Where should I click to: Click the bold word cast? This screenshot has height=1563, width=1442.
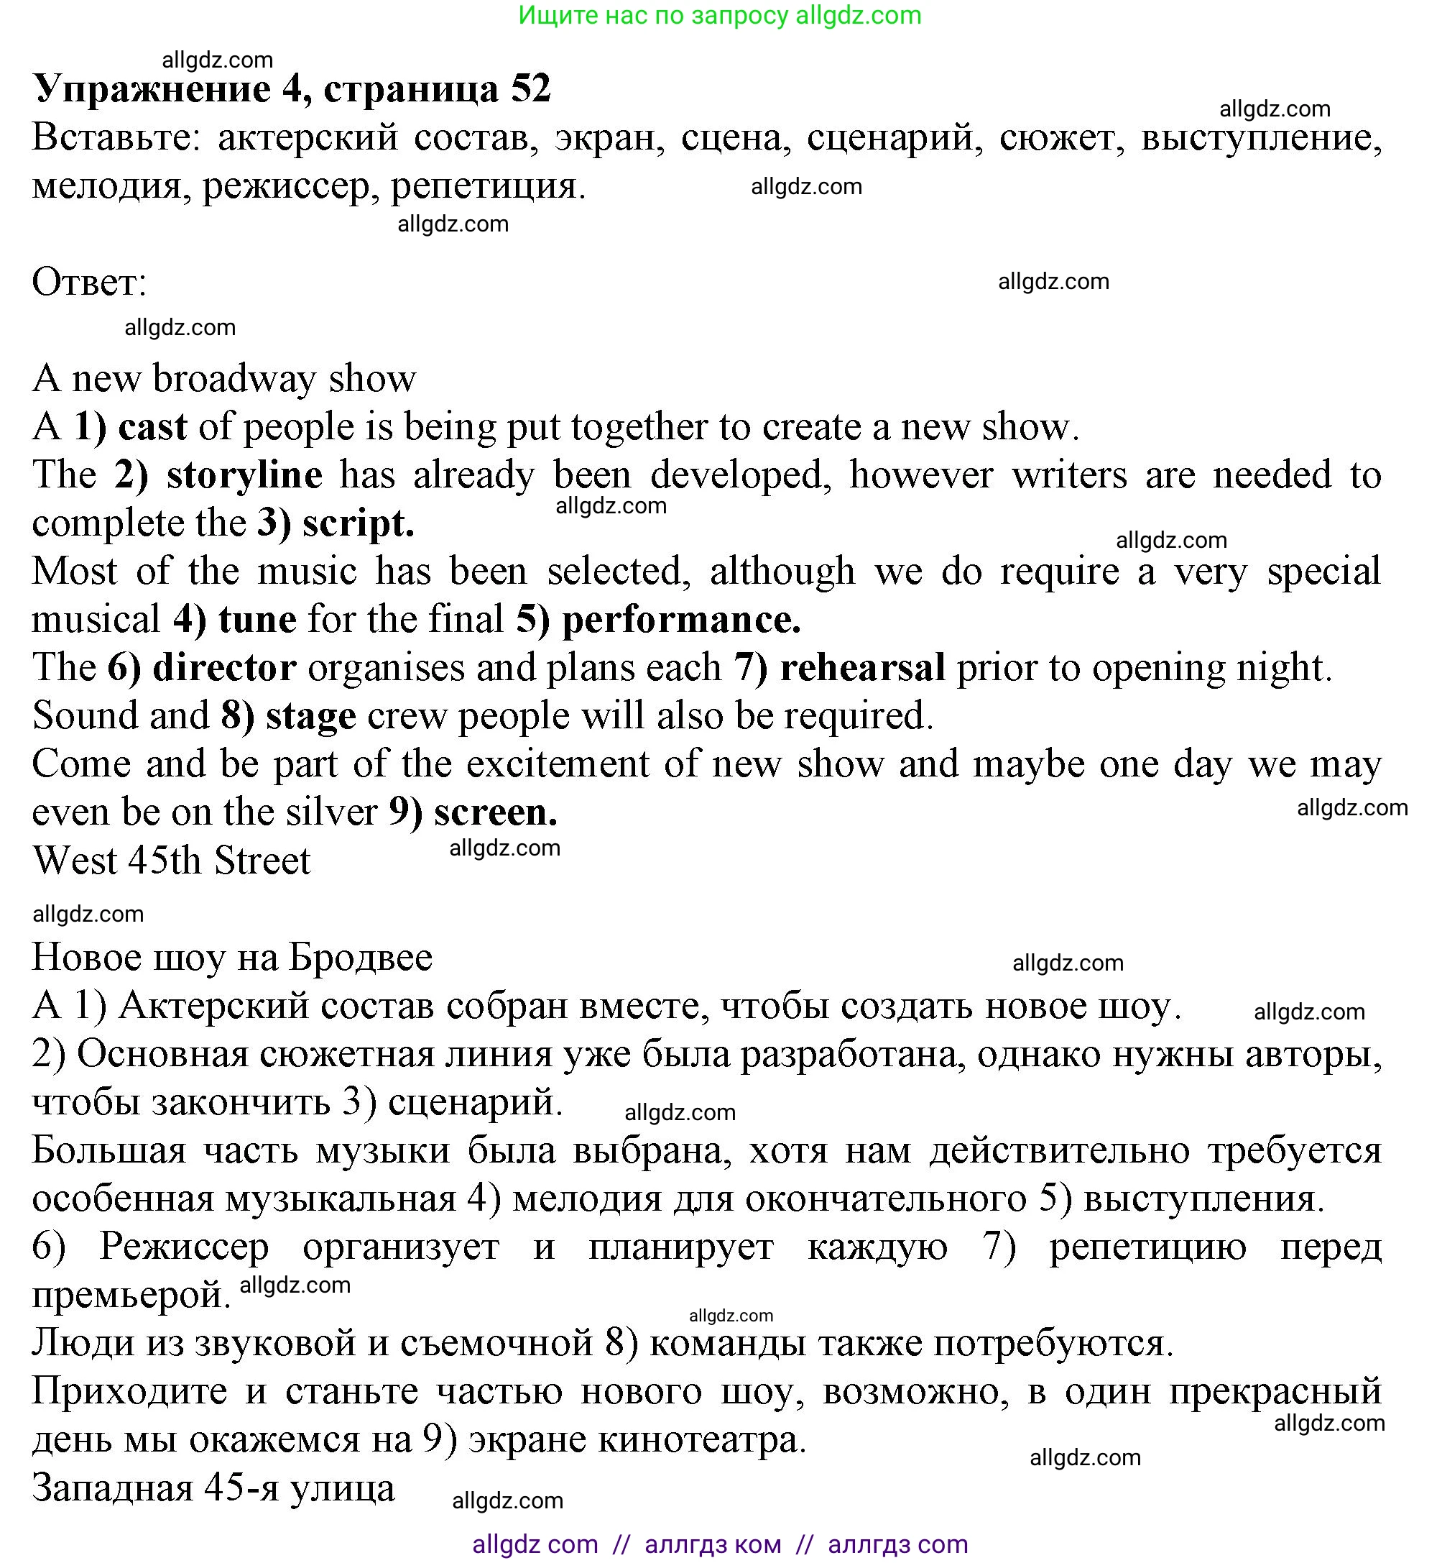coord(152,427)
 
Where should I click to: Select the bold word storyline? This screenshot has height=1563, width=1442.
coord(244,475)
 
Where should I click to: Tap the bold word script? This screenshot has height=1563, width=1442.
coord(357,524)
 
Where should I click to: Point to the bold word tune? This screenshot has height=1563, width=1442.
coord(256,620)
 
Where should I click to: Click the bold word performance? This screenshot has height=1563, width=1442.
coord(681,620)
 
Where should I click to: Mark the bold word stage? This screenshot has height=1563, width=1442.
coord(310,717)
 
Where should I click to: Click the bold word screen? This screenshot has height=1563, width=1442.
coord(496,812)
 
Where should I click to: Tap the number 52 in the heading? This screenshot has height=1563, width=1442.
coord(531,89)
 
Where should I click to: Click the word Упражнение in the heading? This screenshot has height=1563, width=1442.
coord(152,89)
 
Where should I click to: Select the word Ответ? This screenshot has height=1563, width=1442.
coord(89,283)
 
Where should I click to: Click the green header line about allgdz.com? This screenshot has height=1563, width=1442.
coord(719,16)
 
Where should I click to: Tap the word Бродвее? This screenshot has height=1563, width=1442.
coord(360,958)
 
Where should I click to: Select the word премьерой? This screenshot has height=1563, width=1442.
coord(131,1296)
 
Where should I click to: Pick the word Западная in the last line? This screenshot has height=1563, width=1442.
coord(112,1488)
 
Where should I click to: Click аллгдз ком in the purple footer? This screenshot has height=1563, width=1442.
coord(713,1544)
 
